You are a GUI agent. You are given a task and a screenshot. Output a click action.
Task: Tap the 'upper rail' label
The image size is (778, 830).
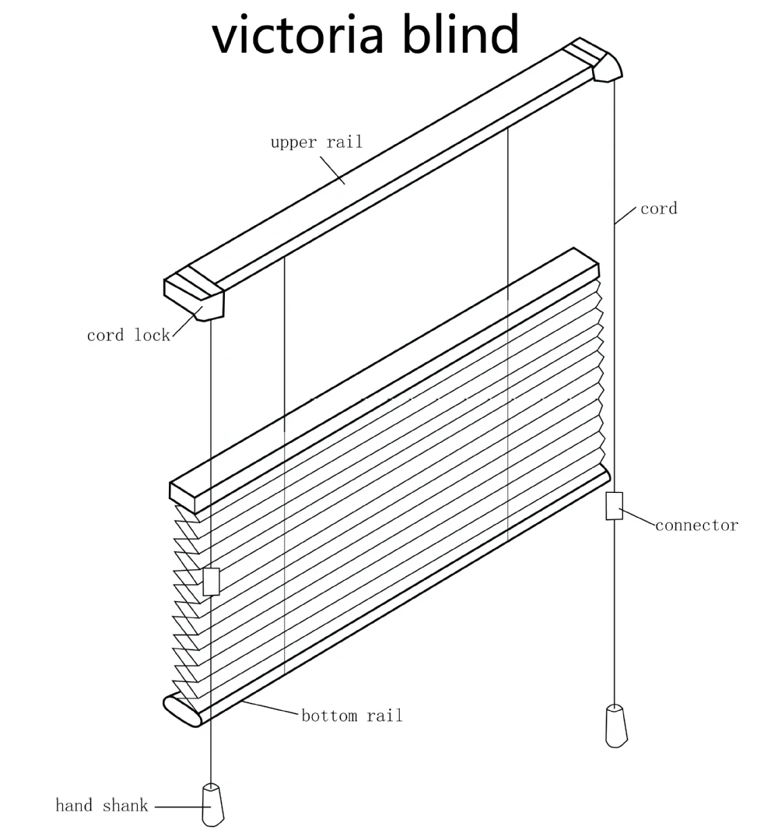tap(316, 142)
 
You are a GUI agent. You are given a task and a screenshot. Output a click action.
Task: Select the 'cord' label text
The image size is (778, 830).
tap(658, 209)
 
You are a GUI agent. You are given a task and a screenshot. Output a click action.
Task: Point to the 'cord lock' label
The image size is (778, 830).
tap(128, 336)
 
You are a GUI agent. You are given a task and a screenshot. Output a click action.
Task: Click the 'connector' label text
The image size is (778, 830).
tap(696, 526)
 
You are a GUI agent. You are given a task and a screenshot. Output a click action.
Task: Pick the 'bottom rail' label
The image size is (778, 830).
tap(352, 716)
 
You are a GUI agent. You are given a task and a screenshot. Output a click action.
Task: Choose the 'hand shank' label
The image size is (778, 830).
tap(102, 806)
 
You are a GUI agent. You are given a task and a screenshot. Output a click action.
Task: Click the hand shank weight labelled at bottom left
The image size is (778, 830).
tap(212, 804)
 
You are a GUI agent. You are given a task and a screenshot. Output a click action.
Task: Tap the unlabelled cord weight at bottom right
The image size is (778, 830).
tap(616, 726)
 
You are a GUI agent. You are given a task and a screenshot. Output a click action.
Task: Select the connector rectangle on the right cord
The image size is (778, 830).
tap(615, 505)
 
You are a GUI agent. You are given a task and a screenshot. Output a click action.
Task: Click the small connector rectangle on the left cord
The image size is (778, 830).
tap(211, 582)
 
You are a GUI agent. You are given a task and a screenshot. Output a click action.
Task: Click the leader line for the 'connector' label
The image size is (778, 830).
tap(639, 517)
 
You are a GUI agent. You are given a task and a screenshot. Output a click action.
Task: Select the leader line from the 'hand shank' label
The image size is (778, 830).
tap(177, 807)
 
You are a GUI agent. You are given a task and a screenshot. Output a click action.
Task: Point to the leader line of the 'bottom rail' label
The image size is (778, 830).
tap(270, 709)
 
